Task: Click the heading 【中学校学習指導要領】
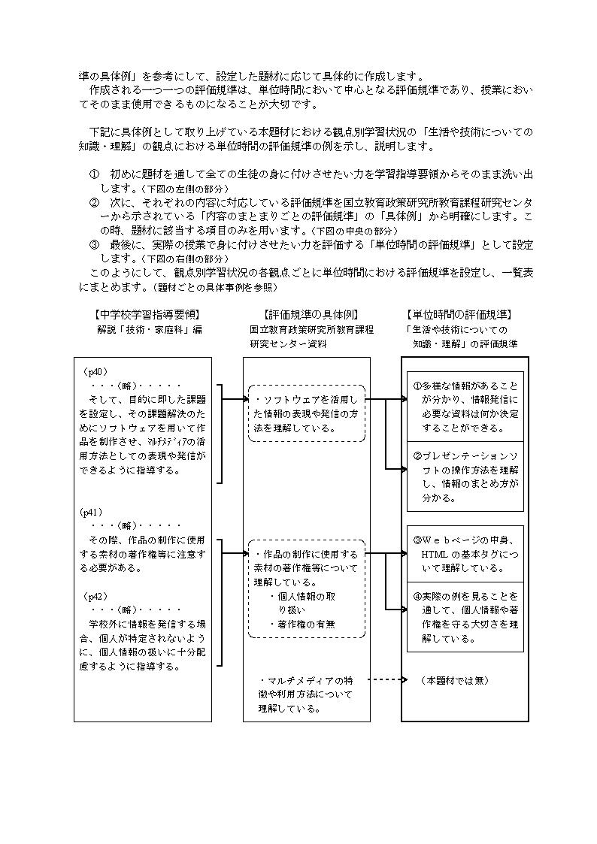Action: tap(143, 315)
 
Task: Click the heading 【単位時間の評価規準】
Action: tap(459, 315)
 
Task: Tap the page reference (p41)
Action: tap(92, 512)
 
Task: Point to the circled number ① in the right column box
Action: tap(417, 386)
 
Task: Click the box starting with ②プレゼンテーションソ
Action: tap(465, 476)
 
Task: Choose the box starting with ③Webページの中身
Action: tap(465, 554)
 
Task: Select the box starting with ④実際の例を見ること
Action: tap(465, 617)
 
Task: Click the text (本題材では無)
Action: tap(455, 680)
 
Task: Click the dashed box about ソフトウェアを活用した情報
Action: tap(307, 413)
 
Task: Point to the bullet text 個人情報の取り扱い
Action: tap(302, 604)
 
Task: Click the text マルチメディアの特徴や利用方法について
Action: tap(306, 688)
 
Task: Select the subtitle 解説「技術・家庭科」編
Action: tap(150, 329)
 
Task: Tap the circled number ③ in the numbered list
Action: tap(94, 244)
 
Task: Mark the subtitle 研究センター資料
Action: tap(288, 343)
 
